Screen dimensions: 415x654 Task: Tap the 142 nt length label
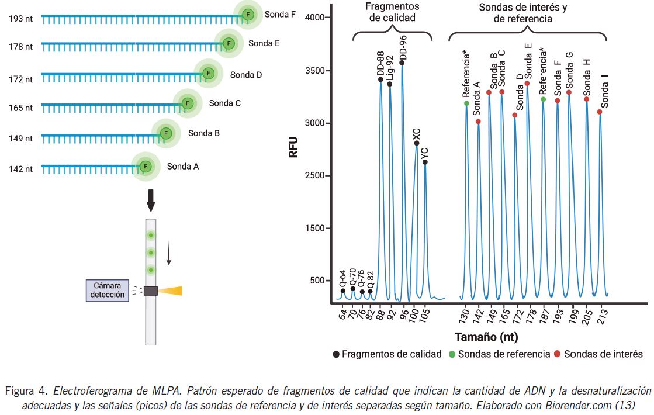click(x=20, y=169)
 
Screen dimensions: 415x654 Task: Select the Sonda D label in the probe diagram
click(x=246, y=75)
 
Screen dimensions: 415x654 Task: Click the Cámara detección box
click(x=109, y=290)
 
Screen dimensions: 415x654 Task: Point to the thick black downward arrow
click(x=151, y=200)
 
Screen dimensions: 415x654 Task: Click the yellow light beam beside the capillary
click(x=171, y=290)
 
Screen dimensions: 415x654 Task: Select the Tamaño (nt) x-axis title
click(x=486, y=337)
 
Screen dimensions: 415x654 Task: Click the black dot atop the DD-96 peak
click(x=402, y=63)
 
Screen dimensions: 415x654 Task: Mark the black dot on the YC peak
click(x=425, y=162)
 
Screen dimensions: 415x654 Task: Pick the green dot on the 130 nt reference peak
click(x=466, y=103)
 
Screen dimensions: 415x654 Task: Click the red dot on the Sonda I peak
click(x=600, y=112)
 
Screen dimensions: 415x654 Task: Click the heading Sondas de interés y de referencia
click(x=523, y=13)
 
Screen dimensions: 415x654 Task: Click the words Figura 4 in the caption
click(x=25, y=390)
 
